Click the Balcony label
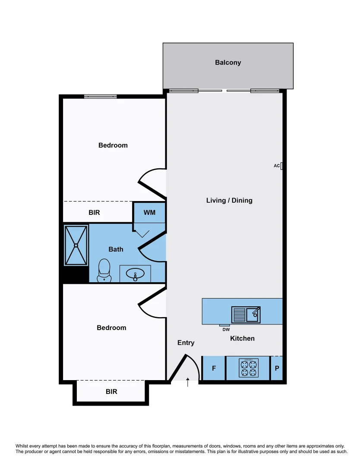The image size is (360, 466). tap(228, 63)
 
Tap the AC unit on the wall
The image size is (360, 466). tap(281, 166)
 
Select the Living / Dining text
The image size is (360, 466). tap(229, 200)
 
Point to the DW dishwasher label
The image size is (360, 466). tap(226, 330)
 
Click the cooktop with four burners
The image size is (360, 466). tap(248, 368)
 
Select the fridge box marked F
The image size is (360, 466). tap(214, 368)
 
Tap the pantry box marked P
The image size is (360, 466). tap(277, 368)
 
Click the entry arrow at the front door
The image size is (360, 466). tap(188, 382)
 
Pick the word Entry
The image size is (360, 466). tap(186, 343)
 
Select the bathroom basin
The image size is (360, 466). tap(135, 274)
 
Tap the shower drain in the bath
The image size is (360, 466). tap(76, 245)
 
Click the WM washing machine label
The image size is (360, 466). tap(149, 213)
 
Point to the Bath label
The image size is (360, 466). tap(116, 249)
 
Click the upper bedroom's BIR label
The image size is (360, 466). tap(95, 213)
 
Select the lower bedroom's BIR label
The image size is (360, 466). tap(111, 392)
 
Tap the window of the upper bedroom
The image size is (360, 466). tap(100, 96)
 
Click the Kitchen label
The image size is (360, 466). tap(242, 338)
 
